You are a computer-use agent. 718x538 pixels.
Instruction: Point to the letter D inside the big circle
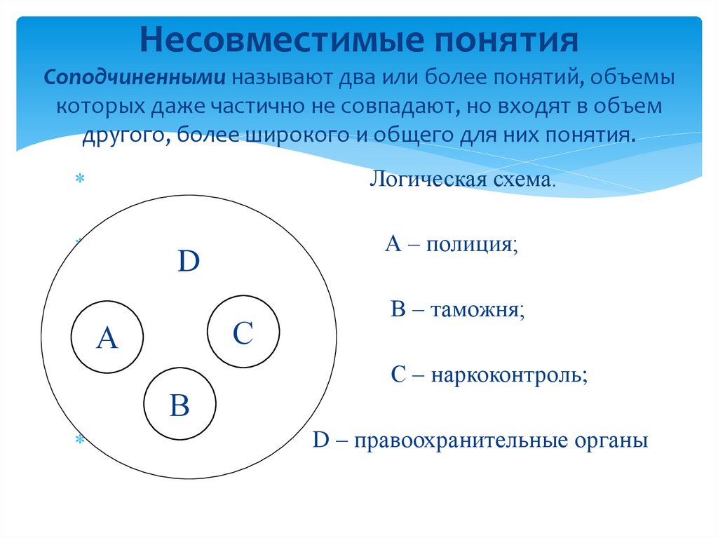[x=189, y=262]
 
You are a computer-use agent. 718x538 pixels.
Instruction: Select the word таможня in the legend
[x=477, y=309]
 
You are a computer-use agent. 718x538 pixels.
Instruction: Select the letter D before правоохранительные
[x=320, y=442]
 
